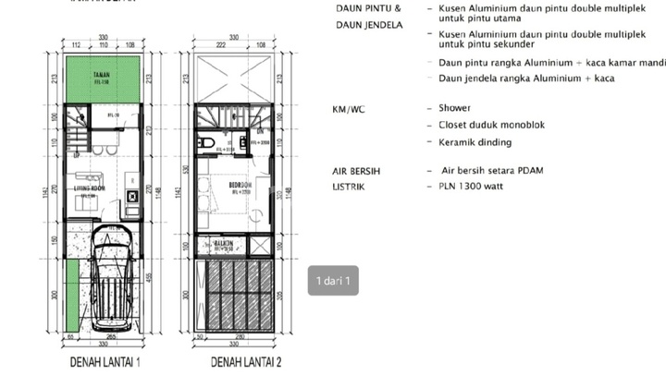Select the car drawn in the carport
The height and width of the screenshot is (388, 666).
click(115, 286)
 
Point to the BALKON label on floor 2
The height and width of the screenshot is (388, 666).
click(225, 246)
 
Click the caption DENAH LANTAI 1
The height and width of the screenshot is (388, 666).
click(105, 362)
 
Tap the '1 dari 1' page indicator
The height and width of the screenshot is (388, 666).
click(334, 281)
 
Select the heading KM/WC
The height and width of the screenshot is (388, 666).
click(350, 108)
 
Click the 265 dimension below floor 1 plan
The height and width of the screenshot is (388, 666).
click(109, 337)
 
